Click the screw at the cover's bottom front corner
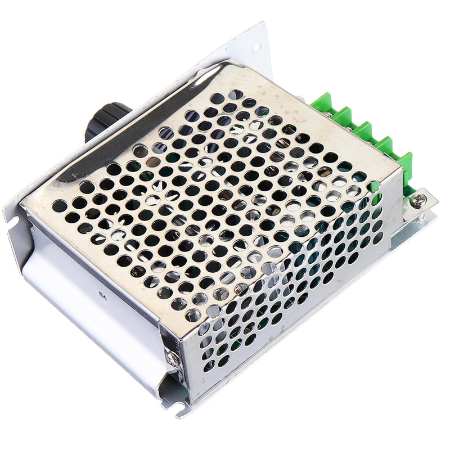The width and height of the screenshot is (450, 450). (x=173, y=358)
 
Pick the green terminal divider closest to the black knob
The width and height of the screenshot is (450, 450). (x=324, y=105)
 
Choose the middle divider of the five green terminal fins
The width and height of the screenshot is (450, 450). (x=363, y=132)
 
